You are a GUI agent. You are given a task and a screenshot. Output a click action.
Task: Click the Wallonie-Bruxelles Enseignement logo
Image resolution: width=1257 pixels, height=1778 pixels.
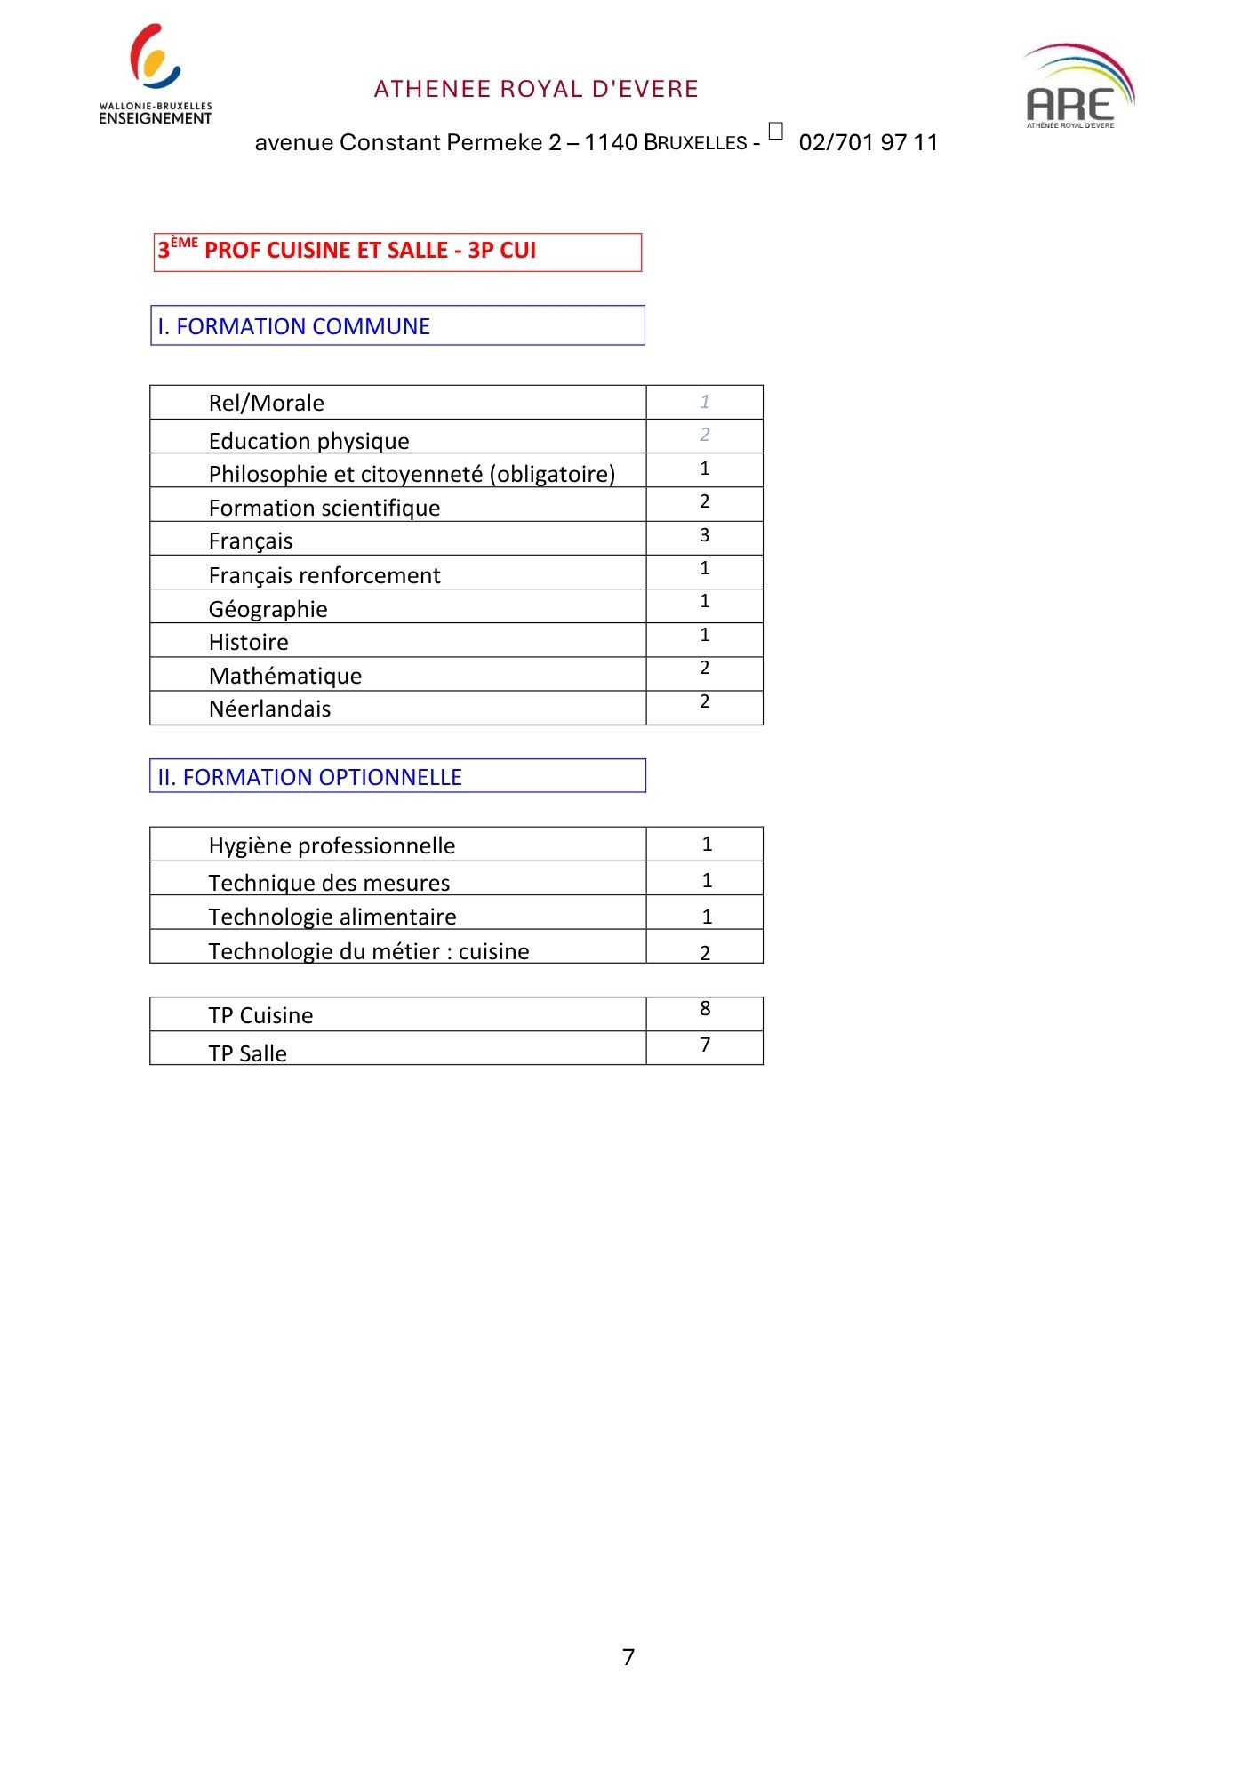156,76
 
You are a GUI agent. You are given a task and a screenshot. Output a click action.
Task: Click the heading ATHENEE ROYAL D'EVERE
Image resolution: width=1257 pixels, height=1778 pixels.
536,89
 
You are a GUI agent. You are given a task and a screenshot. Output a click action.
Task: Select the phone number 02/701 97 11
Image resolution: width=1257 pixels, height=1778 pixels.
868,142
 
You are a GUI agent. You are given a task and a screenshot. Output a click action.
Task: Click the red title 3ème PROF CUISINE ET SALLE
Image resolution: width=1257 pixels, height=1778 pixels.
348,251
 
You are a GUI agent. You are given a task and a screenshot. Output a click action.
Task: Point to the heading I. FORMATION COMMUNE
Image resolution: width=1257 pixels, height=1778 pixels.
294,326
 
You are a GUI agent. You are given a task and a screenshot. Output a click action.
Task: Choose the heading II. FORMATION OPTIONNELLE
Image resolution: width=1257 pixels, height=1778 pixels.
310,777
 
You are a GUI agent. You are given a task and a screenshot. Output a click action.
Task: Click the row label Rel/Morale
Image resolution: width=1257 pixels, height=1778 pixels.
267,403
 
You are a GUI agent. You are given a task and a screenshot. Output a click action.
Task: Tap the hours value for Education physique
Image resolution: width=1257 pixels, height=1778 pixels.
704,435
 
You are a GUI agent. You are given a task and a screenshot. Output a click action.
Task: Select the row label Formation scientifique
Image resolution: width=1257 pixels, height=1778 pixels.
324,508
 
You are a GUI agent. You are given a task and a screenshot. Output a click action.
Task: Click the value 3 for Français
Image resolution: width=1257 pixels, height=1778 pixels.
704,535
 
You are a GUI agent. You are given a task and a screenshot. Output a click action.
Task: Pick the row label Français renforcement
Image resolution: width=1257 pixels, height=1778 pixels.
324,575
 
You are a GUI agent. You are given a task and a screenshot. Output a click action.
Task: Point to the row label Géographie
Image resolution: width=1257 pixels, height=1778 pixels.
268,609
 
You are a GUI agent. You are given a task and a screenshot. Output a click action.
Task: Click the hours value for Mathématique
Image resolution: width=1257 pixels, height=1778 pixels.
704,668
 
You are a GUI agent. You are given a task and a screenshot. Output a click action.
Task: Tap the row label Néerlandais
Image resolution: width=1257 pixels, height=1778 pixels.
270,709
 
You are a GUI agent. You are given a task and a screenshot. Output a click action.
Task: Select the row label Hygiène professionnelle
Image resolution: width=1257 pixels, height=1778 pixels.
332,845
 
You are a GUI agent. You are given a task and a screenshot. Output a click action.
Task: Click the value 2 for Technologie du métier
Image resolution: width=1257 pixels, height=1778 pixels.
705,953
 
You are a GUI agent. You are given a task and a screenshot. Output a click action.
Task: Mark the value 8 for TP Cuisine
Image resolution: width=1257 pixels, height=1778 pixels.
705,1008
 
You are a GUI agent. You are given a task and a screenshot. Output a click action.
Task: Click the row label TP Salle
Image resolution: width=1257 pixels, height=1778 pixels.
248,1053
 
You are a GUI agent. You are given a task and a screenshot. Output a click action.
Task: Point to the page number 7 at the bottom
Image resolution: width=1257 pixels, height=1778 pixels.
628,1657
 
